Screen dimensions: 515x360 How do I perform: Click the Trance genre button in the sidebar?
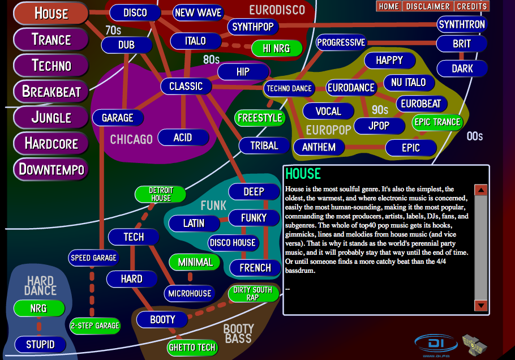[51, 40]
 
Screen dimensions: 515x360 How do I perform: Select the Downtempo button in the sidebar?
[51, 169]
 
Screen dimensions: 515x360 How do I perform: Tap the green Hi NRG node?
[277, 49]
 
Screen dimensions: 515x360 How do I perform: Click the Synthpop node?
[253, 27]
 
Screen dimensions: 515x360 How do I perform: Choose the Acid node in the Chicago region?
[183, 138]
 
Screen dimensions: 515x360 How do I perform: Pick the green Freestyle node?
[260, 118]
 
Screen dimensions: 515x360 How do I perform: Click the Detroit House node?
[161, 194]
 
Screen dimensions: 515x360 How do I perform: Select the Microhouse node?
[190, 293]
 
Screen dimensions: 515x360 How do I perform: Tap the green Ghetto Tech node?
[192, 347]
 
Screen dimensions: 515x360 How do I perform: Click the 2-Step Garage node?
[95, 325]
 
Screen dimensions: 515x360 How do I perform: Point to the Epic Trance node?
[437, 122]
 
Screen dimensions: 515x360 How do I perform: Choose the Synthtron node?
[462, 24]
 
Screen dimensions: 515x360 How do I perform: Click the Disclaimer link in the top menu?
[428, 6]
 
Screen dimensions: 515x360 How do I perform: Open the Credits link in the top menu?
[472, 6]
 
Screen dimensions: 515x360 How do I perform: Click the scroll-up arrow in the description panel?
[481, 190]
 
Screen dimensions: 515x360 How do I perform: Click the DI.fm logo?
[436, 345]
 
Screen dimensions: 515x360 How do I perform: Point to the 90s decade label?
[380, 110]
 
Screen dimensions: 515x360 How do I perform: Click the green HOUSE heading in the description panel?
[303, 173]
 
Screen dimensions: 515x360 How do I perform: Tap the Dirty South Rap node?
[253, 294]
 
